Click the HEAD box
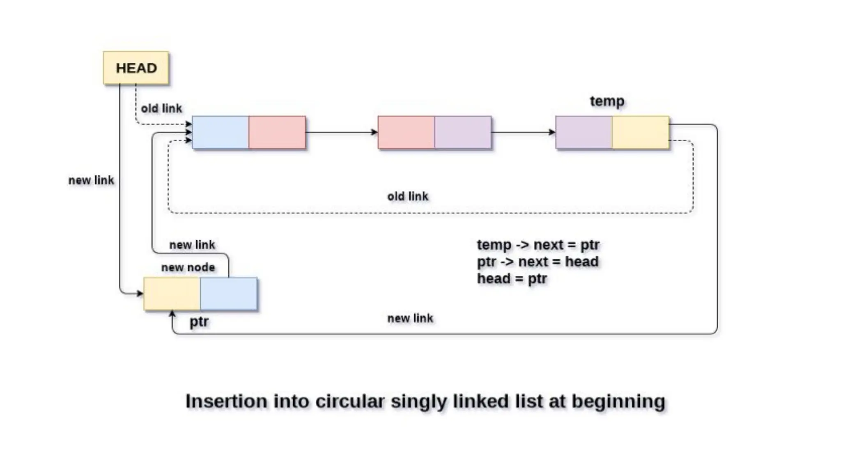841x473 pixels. pyautogui.click(x=136, y=68)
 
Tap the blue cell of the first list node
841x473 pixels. pyautogui.click(x=221, y=132)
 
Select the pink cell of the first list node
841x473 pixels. pyautogui.click(x=277, y=132)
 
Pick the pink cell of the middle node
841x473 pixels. pyautogui.click(x=406, y=132)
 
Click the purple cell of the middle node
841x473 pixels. pyautogui.click(x=463, y=132)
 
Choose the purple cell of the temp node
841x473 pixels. pyautogui.click(x=584, y=132)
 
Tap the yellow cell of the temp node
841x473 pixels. pyautogui.click(x=640, y=132)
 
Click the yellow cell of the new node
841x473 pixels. pyautogui.click(x=172, y=294)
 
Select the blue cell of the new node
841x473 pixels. pyautogui.click(x=229, y=294)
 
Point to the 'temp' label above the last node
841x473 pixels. pyautogui.click(x=607, y=101)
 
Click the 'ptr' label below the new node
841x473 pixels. pyautogui.click(x=199, y=321)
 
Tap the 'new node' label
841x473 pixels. pyautogui.click(x=188, y=267)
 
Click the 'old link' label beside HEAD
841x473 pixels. pyautogui.click(x=161, y=108)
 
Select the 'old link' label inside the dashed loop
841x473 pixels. pyautogui.click(x=408, y=196)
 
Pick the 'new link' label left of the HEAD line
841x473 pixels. pyautogui.click(x=91, y=180)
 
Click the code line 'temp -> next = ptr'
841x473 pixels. pyautogui.click(x=538, y=245)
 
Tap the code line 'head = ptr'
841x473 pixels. pyautogui.click(x=512, y=278)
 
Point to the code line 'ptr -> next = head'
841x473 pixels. pyautogui.click(x=538, y=262)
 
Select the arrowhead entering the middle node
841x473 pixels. pyautogui.click(x=374, y=132)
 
